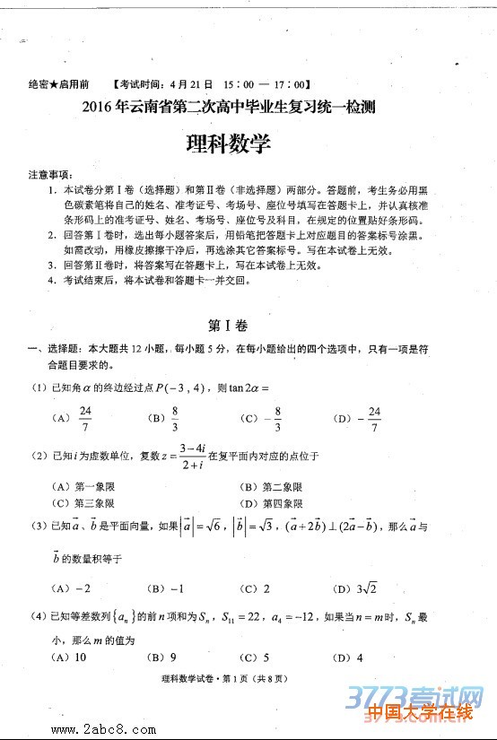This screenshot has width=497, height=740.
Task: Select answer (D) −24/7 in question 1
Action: pyautogui.click(x=359, y=418)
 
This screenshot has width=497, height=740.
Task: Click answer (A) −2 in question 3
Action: pyautogui.click(x=74, y=588)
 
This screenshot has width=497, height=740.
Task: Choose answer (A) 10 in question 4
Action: pyautogui.click(x=71, y=657)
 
